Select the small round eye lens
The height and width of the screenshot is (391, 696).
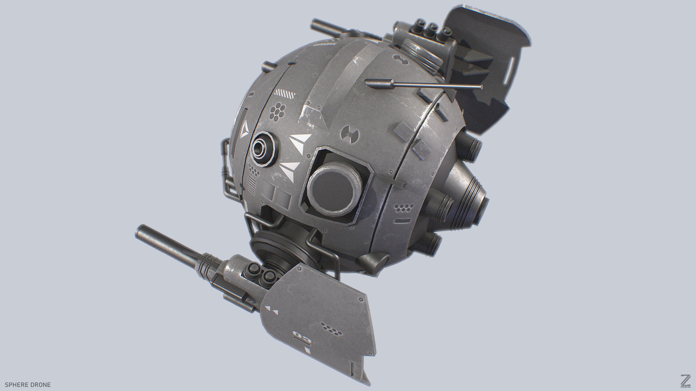[x=262, y=148]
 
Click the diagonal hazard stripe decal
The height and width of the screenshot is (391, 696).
[x=284, y=94]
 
